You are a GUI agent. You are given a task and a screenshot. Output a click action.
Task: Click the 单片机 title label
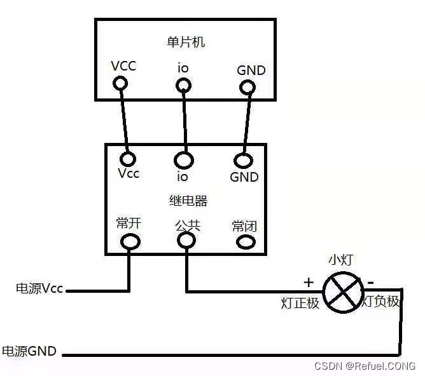coord(186,43)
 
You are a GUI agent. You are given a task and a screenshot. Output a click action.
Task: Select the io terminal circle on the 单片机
coord(183,84)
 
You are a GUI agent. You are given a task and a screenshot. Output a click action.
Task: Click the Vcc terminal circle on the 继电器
coord(130,158)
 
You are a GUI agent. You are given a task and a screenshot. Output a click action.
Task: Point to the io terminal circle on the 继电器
coord(185,158)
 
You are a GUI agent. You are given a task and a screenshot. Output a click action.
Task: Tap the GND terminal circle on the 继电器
coord(243,159)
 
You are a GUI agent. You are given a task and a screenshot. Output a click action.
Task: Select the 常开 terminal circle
coord(130,241)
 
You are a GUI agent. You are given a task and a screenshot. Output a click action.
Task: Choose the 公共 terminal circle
coord(186,240)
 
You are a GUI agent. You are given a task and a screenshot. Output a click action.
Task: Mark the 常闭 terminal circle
coord(244,242)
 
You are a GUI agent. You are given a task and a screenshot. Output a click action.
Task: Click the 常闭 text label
coord(244,226)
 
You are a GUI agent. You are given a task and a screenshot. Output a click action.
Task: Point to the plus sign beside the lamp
coord(309,282)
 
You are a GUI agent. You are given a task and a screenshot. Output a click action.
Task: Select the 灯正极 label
coord(300,302)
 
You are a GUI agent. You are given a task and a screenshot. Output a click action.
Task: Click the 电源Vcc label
coord(39,288)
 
